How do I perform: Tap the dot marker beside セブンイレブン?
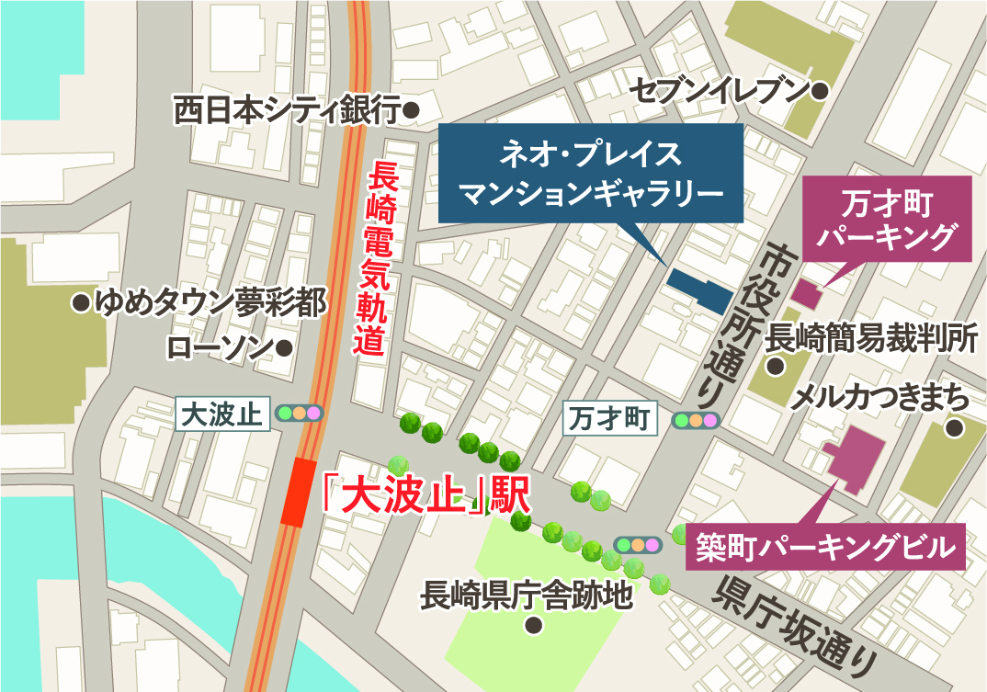pyautogui.click(x=821, y=90)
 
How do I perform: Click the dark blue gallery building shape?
pyautogui.click(x=698, y=289)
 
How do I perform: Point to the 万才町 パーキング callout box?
pyautogui.click(x=888, y=217)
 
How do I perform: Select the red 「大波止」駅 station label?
pyautogui.click(x=427, y=495)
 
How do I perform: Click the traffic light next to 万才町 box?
pyautogui.click(x=697, y=421)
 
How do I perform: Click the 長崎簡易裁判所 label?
pyautogui.click(x=870, y=337)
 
